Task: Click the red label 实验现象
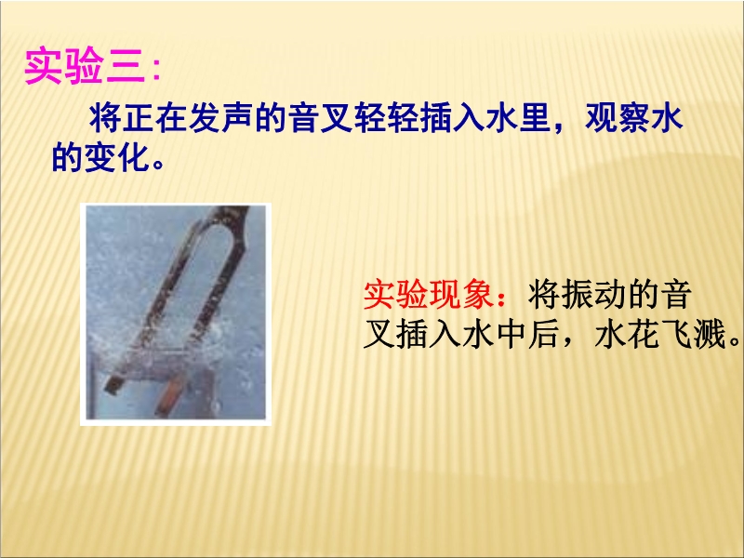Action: click(429, 295)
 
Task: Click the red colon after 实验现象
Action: click(501, 297)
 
